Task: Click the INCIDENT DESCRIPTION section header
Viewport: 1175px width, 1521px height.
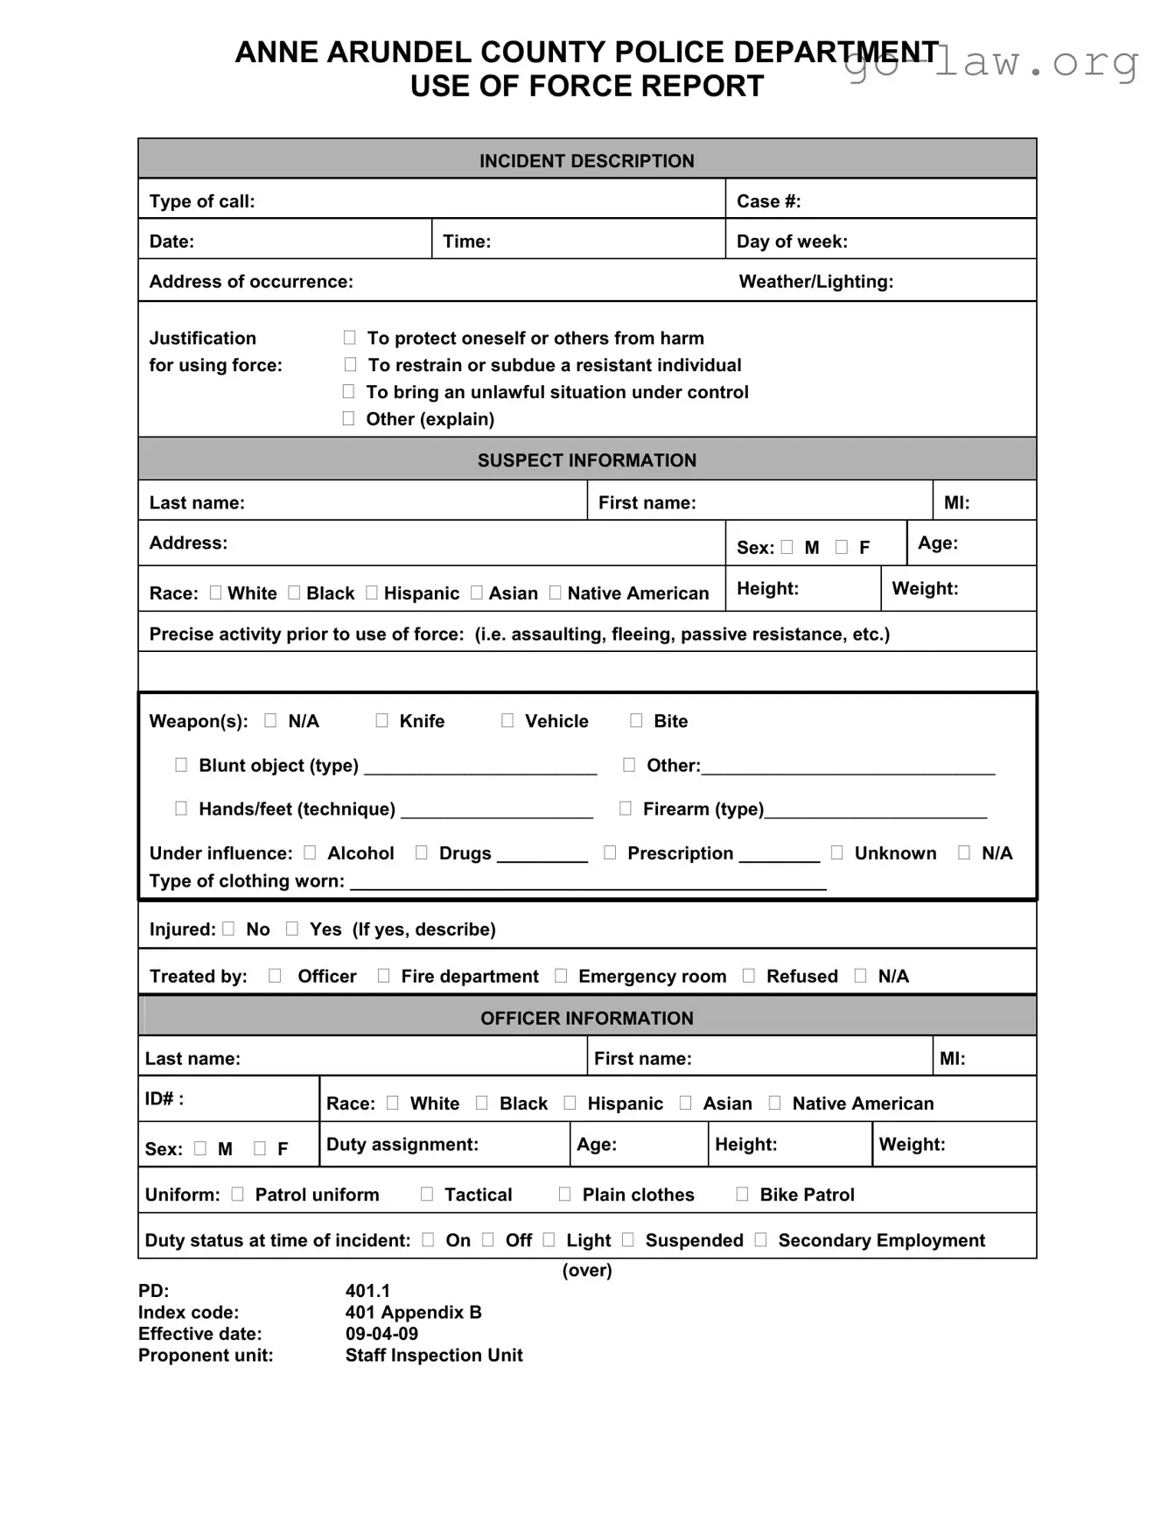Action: [x=586, y=161]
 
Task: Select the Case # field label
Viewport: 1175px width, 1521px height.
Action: [x=768, y=201]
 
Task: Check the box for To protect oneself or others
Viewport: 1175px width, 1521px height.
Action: [x=349, y=338]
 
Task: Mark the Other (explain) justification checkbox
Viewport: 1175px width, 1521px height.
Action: [x=348, y=418]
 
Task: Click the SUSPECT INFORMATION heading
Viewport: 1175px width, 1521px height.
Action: [x=586, y=460]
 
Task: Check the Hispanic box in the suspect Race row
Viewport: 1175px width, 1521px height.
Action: [x=372, y=592]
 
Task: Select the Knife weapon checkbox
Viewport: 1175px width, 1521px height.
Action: [x=381, y=720]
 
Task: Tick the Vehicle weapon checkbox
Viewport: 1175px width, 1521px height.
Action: [x=507, y=720]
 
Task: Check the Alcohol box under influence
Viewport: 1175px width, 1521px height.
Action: [x=310, y=852]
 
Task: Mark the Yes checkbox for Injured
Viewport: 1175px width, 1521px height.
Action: [x=292, y=929]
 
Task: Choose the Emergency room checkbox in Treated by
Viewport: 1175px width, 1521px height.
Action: [x=561, y=976]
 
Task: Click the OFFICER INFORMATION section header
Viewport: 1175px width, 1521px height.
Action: [x=586, y=1018]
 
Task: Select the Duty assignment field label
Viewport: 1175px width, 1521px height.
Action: [x=402, y=1144]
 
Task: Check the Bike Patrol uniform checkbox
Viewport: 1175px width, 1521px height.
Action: [x=742, y=1194]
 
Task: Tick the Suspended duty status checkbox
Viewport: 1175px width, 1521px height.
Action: [x=628, y=1240]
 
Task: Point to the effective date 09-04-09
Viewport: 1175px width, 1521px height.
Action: [x=381, y=1334]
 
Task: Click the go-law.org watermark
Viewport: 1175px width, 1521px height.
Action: [x=990, y=63]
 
